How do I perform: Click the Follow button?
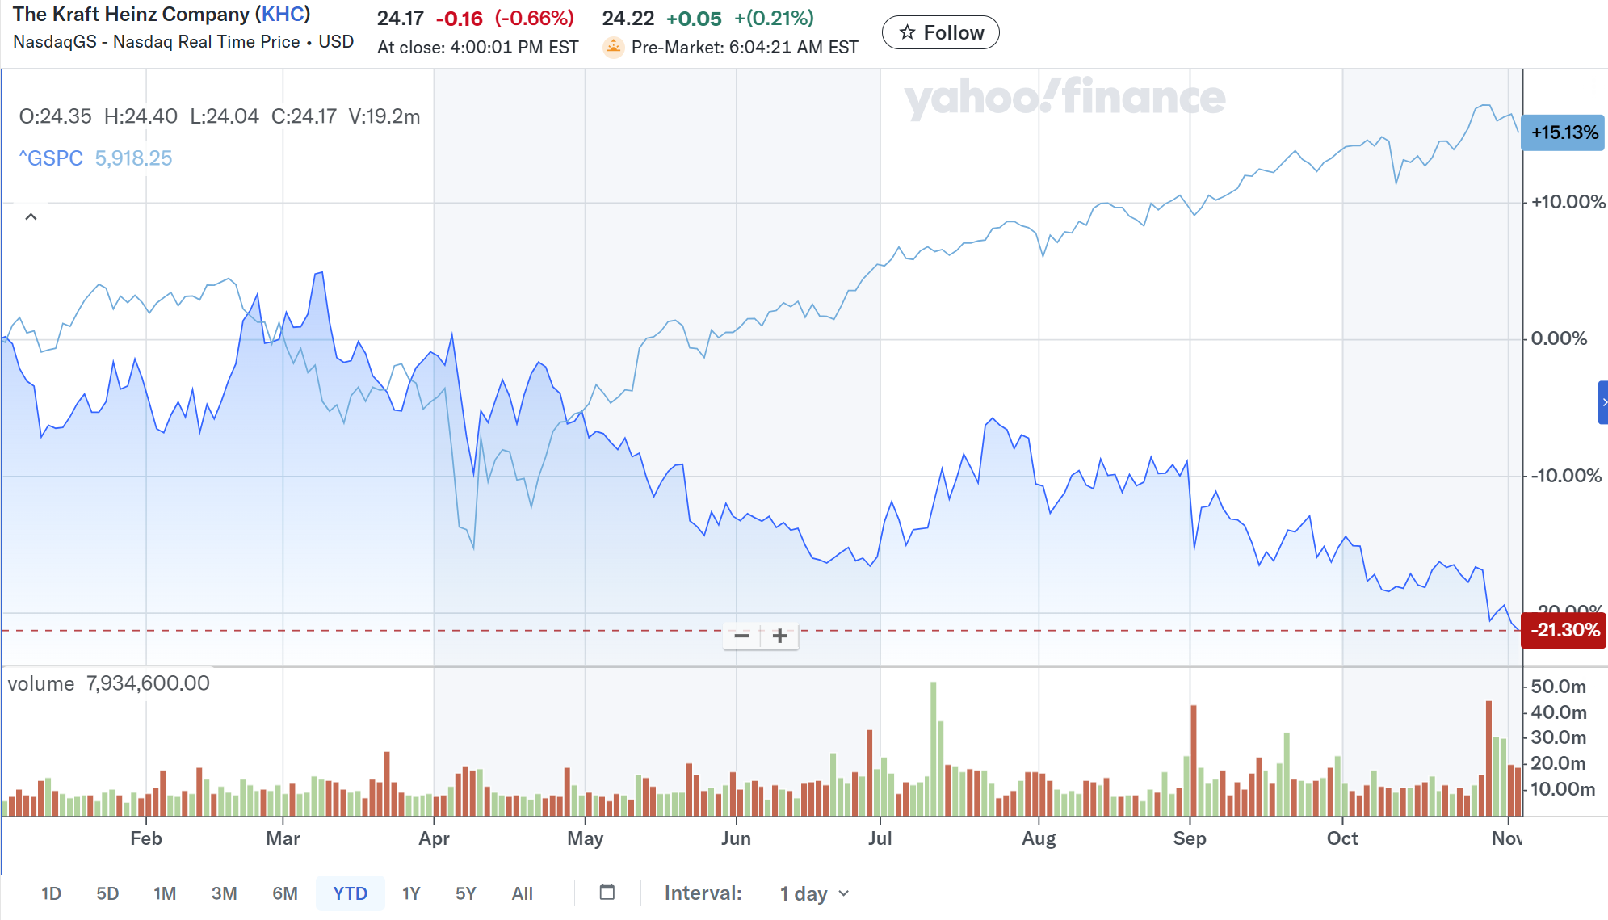940,32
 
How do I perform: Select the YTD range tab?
350,893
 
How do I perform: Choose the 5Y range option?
465,893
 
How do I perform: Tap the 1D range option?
51,893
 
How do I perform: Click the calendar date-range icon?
607,893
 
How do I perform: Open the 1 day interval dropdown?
814,893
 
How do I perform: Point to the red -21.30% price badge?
1564,630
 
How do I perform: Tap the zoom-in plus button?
779,636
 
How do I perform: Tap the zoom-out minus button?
741,636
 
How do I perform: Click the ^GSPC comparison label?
51,158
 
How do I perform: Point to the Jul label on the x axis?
880,838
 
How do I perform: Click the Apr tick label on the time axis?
434,838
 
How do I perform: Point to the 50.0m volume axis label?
1558,687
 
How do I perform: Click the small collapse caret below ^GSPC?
31,216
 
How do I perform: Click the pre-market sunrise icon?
613,47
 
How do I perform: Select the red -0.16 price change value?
459,19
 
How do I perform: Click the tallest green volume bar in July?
933,747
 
